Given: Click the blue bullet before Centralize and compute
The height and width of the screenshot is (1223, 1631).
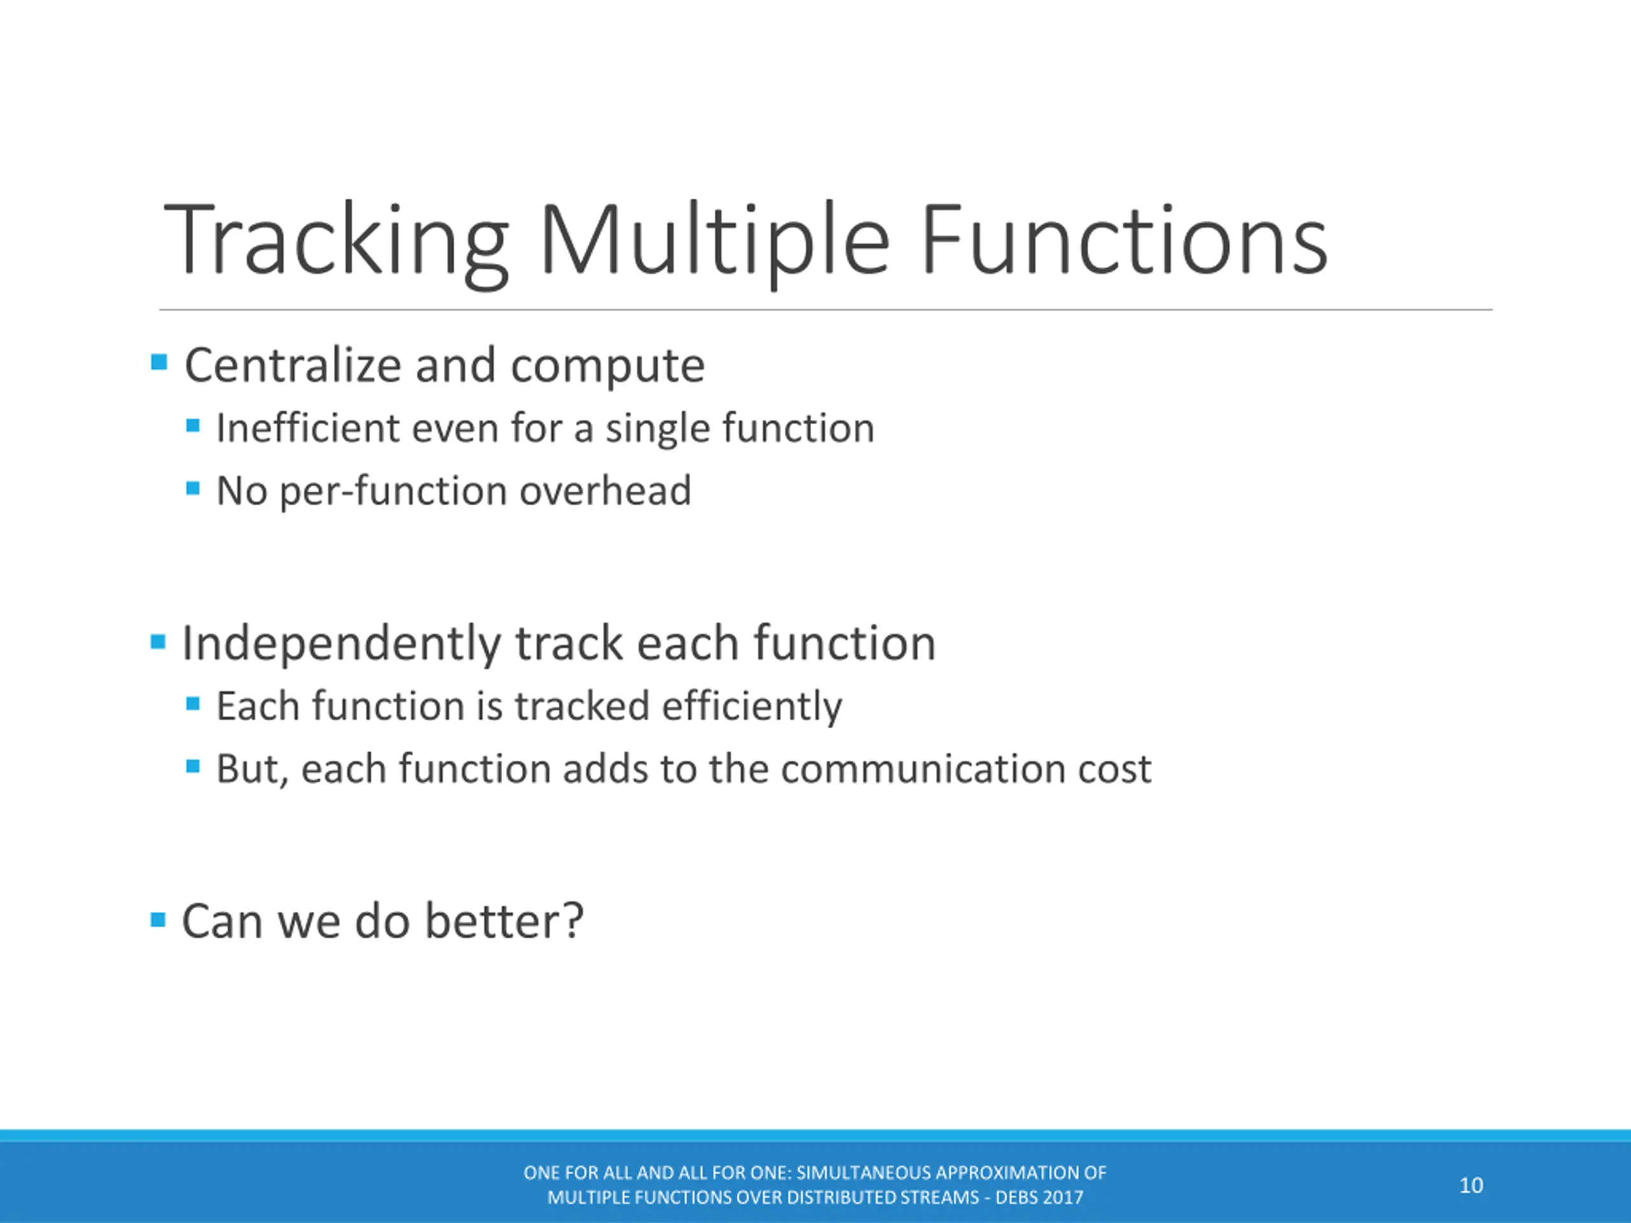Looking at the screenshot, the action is [x=159, y=362].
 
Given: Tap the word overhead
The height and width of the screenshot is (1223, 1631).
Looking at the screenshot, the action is [x=605, y=490].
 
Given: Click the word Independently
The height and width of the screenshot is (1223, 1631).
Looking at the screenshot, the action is [x=342, y=643].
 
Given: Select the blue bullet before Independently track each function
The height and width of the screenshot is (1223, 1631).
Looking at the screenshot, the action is [x=158, y=641].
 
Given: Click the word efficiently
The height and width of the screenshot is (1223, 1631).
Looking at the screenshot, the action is [x=752, y=707].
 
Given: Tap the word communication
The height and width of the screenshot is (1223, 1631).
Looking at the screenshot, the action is [x=923, y=769].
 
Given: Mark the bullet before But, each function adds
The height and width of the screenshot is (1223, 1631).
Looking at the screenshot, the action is [x=193, y=767].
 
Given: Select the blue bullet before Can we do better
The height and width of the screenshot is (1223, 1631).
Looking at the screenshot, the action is [x=158, y=919].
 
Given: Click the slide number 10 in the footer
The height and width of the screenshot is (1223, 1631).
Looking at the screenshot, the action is [x=1471, y=1185].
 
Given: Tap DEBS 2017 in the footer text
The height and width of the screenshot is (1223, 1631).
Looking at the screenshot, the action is [x=1040, y=1197].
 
